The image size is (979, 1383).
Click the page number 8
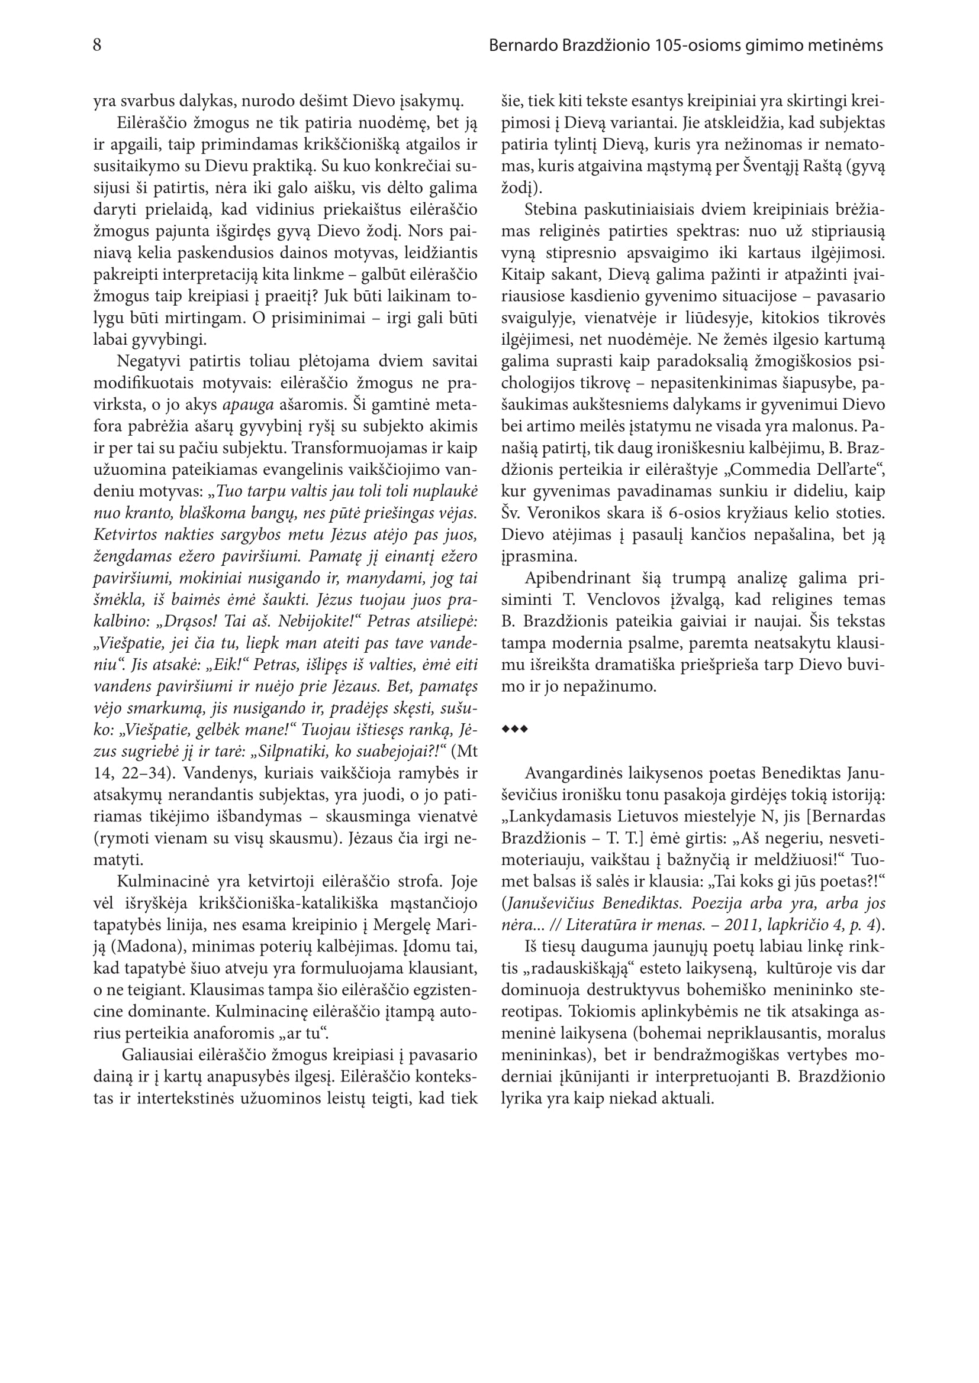[x=97, y=45]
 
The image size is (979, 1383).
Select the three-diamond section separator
[x=514, y=730]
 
